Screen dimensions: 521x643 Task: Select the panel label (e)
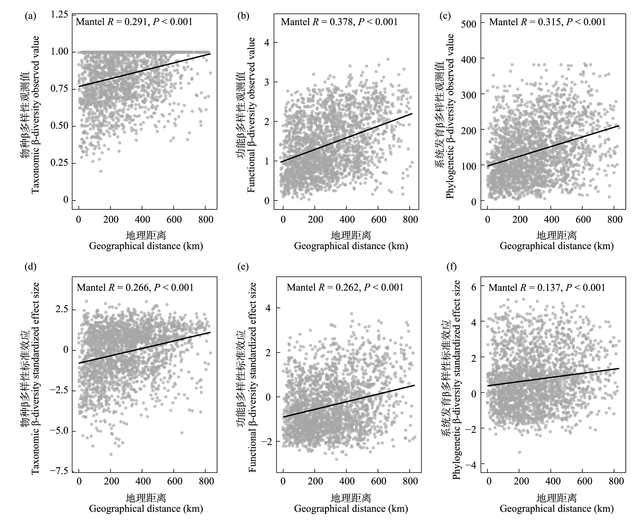coord(243,267)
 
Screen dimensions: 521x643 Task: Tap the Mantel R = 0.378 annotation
coord(339,22)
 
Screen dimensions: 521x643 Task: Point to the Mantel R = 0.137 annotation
coord(547,287)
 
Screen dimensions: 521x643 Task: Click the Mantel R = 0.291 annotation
coord(134,22)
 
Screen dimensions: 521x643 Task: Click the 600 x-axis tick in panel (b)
coord(379,220)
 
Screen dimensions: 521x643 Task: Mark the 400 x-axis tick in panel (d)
coord(142,481)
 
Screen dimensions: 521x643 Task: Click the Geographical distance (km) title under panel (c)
coord(556,246)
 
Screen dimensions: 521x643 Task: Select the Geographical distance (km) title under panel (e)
coord(351,508)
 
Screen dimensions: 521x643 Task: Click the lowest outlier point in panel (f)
coord(519,452)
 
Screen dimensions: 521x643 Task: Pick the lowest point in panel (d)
coord(111,454)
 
